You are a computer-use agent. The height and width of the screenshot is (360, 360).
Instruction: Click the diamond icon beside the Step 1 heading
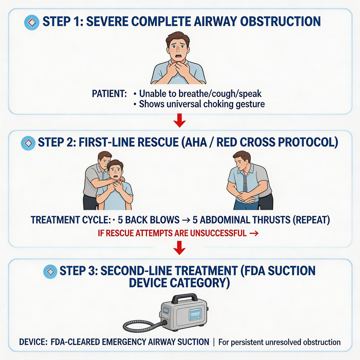click(32, 22)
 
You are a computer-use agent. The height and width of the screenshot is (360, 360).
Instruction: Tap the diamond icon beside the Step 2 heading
click(28, 143)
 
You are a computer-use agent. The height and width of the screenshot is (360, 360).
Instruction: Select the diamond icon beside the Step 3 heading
click(50, 271)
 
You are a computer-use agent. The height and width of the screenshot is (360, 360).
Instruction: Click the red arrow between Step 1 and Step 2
click(179, 121)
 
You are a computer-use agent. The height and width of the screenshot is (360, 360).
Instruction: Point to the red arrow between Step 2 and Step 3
click(179, 248)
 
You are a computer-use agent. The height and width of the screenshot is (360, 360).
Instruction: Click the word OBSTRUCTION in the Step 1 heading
click(280, 21)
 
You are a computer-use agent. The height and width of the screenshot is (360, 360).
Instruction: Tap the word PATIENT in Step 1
click(109, 94)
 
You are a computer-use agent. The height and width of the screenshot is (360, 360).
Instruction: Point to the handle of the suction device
click(184, 298)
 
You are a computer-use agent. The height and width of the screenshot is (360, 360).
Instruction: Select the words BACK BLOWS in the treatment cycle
click(148, 220)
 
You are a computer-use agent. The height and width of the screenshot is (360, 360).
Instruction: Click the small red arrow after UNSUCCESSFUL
click(254, 233)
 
